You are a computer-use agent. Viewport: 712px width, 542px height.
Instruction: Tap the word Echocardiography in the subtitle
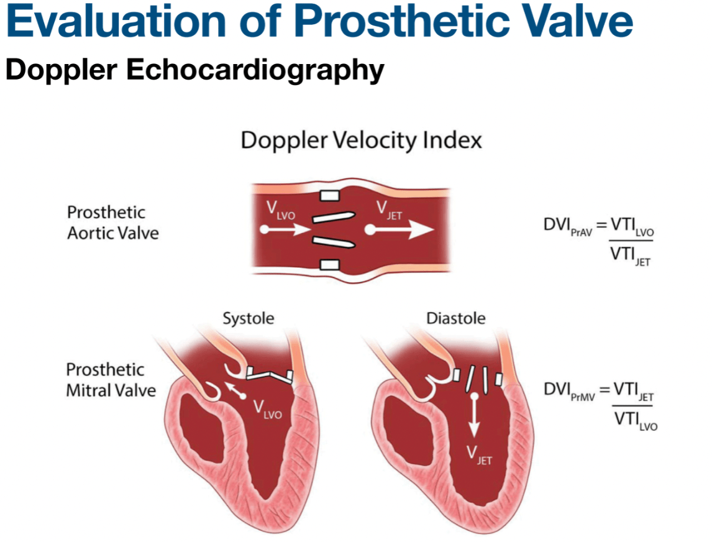pyautogui.click(x=255, y=70)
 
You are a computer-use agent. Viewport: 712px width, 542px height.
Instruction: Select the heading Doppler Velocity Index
pyautogui.click(x=361, y=140)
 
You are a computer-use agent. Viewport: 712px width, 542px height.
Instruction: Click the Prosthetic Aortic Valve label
pyautogui.click(x=113, y=223)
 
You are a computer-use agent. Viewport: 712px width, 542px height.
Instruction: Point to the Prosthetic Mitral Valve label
pyautogui.click(x=111, y=380)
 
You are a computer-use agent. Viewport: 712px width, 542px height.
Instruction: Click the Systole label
pyautogui.click(x=248, y=318)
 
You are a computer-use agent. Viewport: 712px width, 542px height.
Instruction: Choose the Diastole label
pyautogui.click(x=456, y=318)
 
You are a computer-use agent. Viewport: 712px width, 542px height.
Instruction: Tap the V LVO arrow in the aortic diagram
pyautogui.click(x=285, y=229)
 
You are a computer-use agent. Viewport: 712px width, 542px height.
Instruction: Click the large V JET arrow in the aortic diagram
pyautogui.click(x=399, y=229)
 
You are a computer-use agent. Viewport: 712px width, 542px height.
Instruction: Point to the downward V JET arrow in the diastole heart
pyautogui.click(x=474, y=415)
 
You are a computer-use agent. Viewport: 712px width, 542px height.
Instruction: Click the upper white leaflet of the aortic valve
pyautogui.click(x=334, y=217)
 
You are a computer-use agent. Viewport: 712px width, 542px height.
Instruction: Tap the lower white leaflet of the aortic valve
pyautogui.click(x=334, y=242)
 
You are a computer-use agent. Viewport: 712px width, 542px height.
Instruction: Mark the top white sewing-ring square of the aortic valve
pyautogui.click(x=329, y=196)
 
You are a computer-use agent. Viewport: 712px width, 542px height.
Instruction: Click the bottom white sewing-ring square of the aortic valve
pyautogui.click(x=329, y=264)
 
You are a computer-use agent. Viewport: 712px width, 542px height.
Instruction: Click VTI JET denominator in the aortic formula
pyautogui.click(x=630, y=256)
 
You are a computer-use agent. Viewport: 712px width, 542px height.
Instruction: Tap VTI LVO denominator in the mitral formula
pyautogui.click(x=636, y=420)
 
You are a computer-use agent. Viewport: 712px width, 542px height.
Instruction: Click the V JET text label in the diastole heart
pyautogui.click(x=479, y=455)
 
